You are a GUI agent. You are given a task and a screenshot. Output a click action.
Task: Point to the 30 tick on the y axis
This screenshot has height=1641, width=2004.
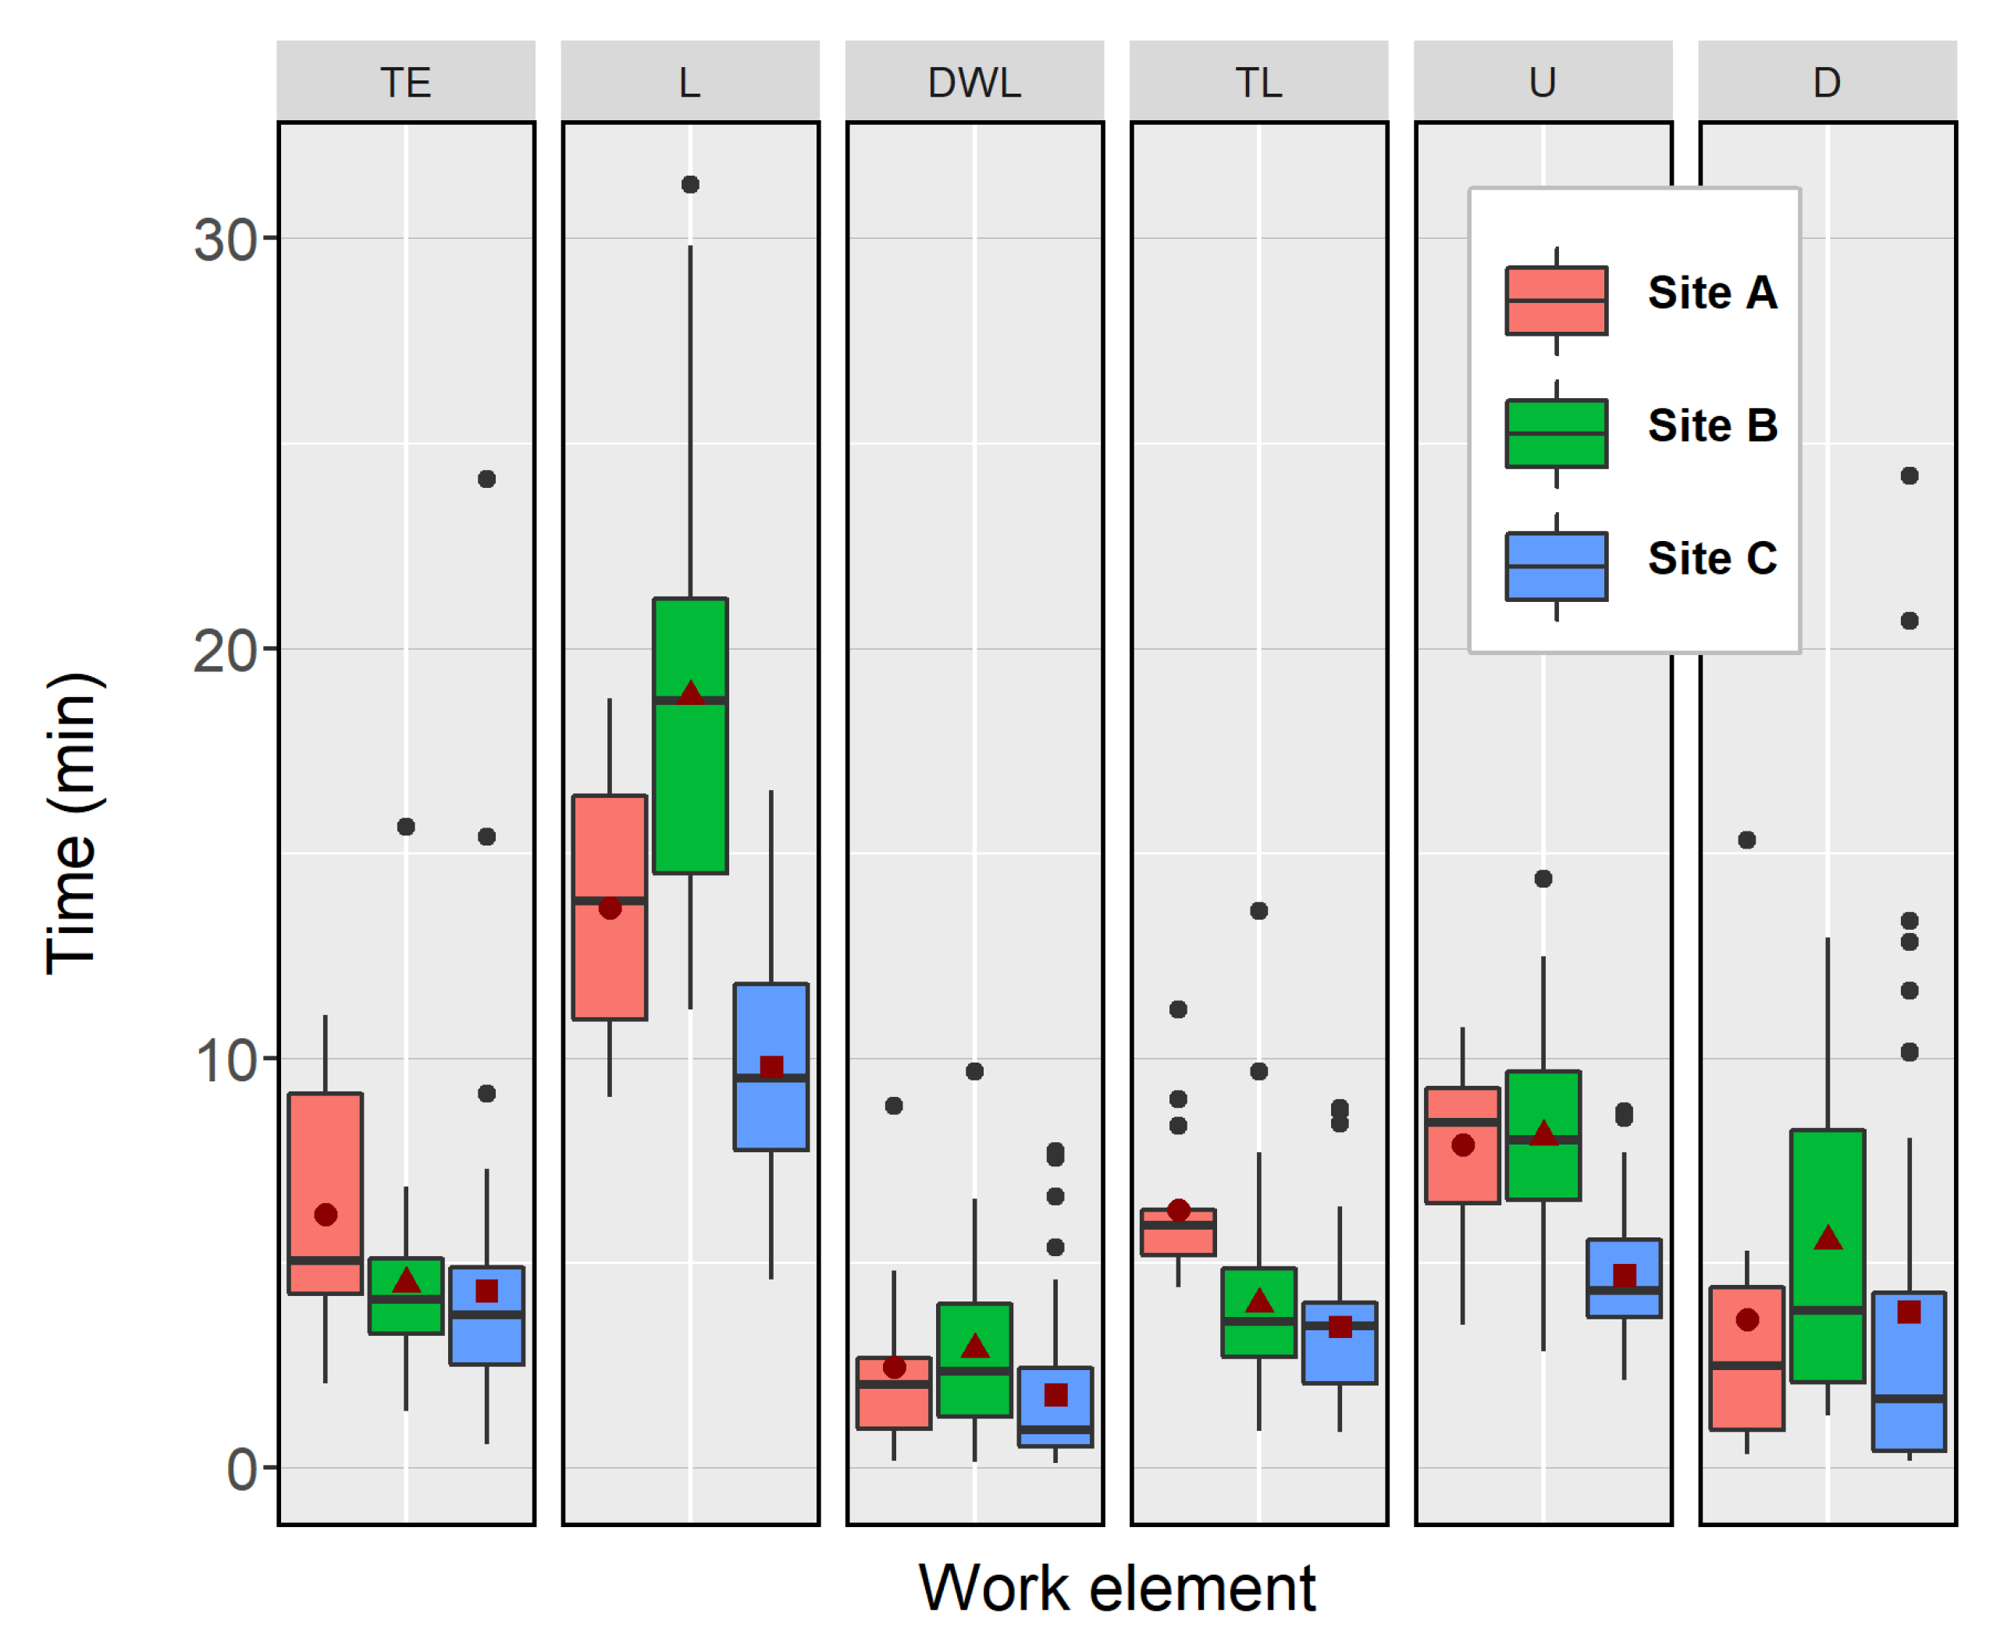point(224,239)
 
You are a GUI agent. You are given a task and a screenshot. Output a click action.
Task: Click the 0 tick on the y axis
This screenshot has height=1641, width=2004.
point(241,1470)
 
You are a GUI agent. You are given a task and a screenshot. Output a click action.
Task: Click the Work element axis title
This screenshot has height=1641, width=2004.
point(1116,1587)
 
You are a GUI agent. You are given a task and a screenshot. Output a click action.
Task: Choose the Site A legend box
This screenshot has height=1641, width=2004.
point(1556,301)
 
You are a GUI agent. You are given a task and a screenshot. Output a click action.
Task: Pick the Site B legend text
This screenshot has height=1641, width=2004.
point(1712,425)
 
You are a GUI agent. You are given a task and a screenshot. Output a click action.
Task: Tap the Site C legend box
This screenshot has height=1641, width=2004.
point(1556,566)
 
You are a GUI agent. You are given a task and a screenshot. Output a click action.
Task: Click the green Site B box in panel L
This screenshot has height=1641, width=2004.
point(690,775)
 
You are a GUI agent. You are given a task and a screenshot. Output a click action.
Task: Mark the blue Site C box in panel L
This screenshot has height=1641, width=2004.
point(771,1116)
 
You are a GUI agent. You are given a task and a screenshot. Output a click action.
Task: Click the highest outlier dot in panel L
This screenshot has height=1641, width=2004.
point(690,184)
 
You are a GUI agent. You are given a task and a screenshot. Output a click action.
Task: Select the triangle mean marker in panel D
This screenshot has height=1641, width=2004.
point(1828,1238)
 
